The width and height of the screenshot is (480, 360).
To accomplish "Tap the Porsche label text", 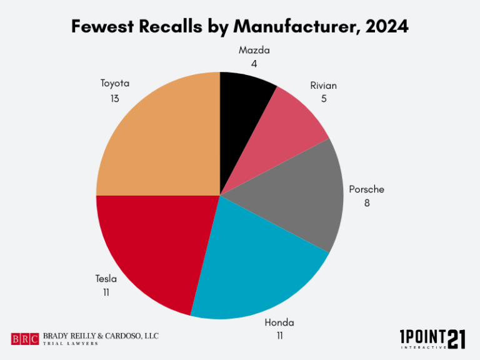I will click(367, 189).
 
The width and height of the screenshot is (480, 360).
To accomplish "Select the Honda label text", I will click(279, 322).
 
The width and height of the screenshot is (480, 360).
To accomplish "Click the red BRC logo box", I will click(25, 339).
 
